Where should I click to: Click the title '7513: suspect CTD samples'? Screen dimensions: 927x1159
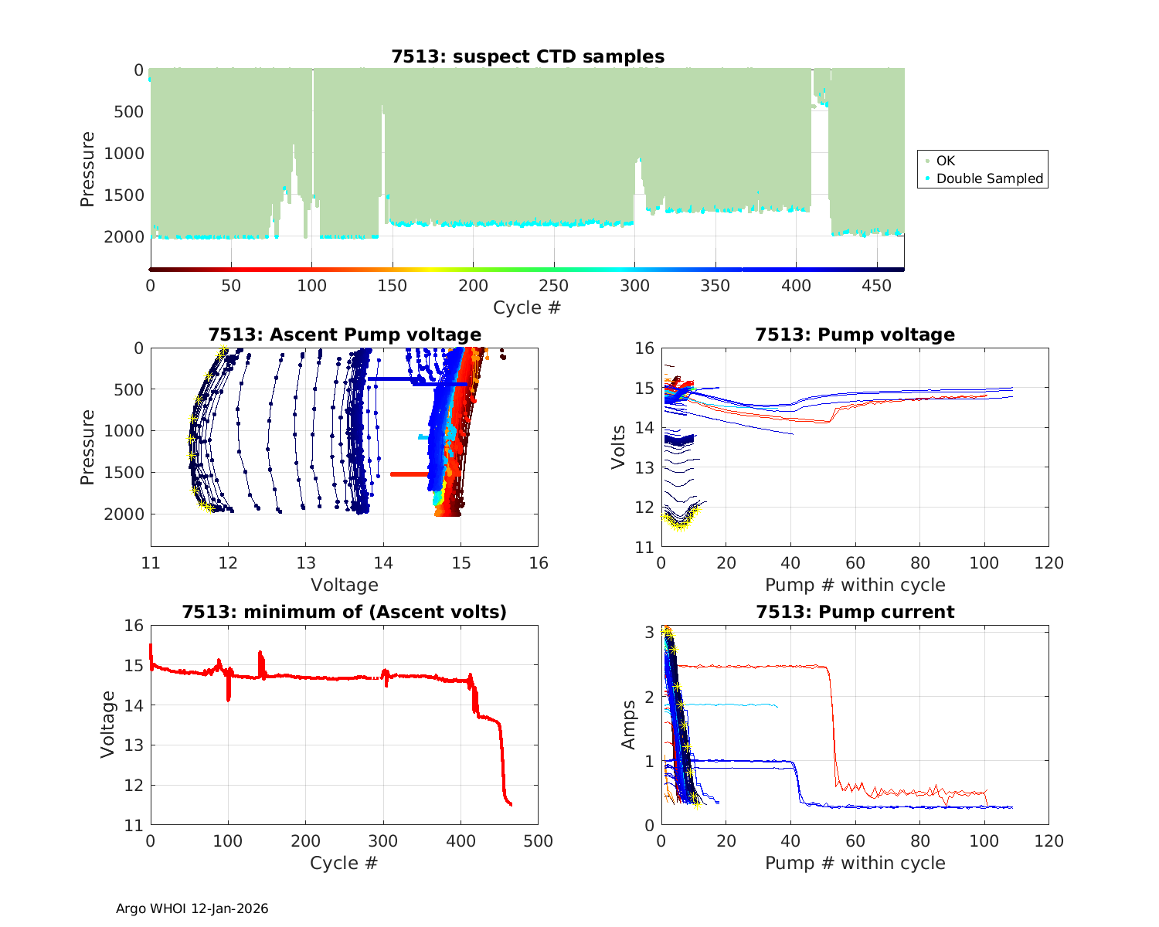[x=528, y=56]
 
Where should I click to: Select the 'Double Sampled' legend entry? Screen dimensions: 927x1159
[x=989, y=178]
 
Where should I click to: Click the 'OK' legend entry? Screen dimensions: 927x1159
[x=945, y=161]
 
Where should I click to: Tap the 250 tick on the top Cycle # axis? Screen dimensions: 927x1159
[x=554, y=286]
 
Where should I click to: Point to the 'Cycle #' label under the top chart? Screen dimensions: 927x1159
[x=527, y=307]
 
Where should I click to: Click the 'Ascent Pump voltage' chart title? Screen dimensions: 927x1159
[x=345, y=334]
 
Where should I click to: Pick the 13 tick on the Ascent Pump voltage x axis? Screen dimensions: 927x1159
[x=306, y=563]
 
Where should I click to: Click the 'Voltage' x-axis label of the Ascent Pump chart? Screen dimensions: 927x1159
[x=345, y=585]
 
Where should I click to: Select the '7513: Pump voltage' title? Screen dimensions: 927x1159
[x=855, y=334]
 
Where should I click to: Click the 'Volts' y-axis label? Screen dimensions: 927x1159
[x=618, y=447]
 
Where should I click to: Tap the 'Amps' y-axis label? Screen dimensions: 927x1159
[x=629, y=725]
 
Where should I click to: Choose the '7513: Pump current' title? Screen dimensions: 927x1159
[x=855, y=612]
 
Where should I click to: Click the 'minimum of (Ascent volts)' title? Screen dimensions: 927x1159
[x=345, y=612]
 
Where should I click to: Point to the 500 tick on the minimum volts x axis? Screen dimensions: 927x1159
[x=539, y=841]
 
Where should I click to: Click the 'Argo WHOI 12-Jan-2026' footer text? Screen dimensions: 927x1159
[x=192, y=908]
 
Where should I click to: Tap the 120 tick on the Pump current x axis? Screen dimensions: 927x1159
[x=1049, y=841]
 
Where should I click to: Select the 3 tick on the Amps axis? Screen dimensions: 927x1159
[x=651, y=632]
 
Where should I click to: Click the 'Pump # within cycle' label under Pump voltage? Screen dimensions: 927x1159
[x=855, y=585]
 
